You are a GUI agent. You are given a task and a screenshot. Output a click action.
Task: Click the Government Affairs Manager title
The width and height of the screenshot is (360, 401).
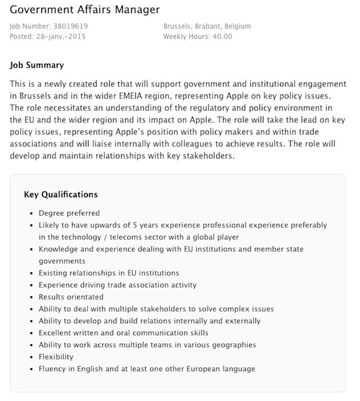[x=85, y=10]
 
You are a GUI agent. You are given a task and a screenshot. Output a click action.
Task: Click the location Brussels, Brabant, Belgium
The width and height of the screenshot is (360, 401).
[x=207, y=26]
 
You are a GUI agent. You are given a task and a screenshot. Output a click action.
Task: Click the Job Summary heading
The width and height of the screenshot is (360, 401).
[x=37, y=65]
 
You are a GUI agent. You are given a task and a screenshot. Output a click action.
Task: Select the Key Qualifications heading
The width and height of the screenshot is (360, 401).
[x=61, y=194]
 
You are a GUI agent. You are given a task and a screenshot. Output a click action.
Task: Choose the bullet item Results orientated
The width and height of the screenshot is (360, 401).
[x=71, y=297]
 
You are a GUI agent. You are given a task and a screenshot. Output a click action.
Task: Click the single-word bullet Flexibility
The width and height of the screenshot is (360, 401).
[x=56, y=356]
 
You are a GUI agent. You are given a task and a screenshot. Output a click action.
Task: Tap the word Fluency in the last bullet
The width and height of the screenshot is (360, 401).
[x=53, y=369]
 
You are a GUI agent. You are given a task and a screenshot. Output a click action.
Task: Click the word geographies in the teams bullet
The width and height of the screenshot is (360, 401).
[x=233, y=344]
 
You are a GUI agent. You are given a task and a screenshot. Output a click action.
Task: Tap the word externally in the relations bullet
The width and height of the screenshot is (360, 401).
[x=241, y=321]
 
